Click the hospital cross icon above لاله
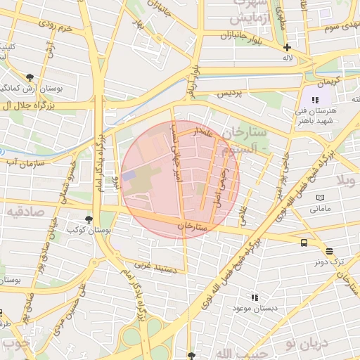tap(287, 47)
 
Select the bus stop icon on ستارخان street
tap(304, 243)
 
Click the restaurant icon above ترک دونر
tap(329, 251)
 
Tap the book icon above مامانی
tap(321, 198)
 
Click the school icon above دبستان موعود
tap(255, 298)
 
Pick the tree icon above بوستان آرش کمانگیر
tap(29, 77)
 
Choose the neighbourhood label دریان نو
tap(307, 344)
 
